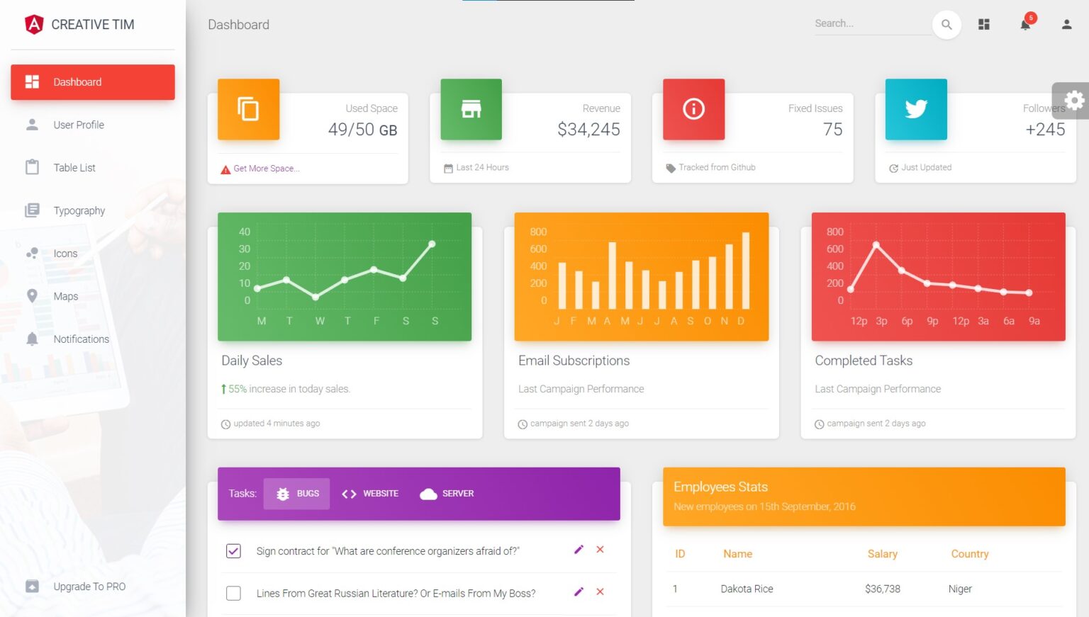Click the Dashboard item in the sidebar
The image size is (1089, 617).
pyautogui.click(x=92, y=82)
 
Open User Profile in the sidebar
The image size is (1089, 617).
pyautogui.click(x=78, y=125)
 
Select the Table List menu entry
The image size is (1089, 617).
pyautogui.click(x=74, y=168)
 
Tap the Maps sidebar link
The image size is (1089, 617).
pyautogui.click(x=65, y=297)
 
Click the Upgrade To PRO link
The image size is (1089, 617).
pyautogui.click(x=89, y=587)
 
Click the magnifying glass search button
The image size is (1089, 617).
pyautogui.click(x=946, y=25)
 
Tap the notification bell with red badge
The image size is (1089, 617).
pyautogui.click(x=1025, y=25)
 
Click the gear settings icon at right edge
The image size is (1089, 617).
pyautogui.click(x=1074, y=101)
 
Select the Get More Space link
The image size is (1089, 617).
pyautogui.click(x=266, y=169)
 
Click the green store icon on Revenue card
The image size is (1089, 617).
pyautogui.click(x=471, y=109)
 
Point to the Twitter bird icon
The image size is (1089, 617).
pyautogui.click(x=915, y=109)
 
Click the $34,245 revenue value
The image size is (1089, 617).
pyautogui.click(x=588, y=130)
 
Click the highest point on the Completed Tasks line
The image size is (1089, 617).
pyautogui.click(x=876, y=245)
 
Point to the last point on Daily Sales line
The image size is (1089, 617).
pyautogui.click(x=432, y=244)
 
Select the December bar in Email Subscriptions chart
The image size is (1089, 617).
pyautogui.click(x=746, y=271)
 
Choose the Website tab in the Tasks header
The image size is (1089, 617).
pyautogui.click(x=370, y=494)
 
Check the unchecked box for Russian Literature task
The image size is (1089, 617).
pyautogui.click(x=233, y=593)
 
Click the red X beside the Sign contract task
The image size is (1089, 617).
pyautogui.click(x=600, y=550)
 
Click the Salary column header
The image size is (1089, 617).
pyautogui.click(x=882, y=554)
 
